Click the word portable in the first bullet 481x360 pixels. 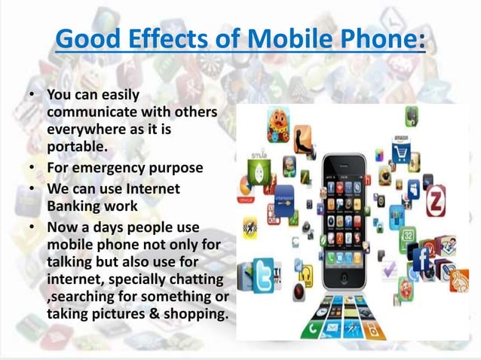(x=72, y=145)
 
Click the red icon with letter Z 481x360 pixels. (x=436, y=202)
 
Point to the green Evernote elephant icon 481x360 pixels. (x=412, y=115)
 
